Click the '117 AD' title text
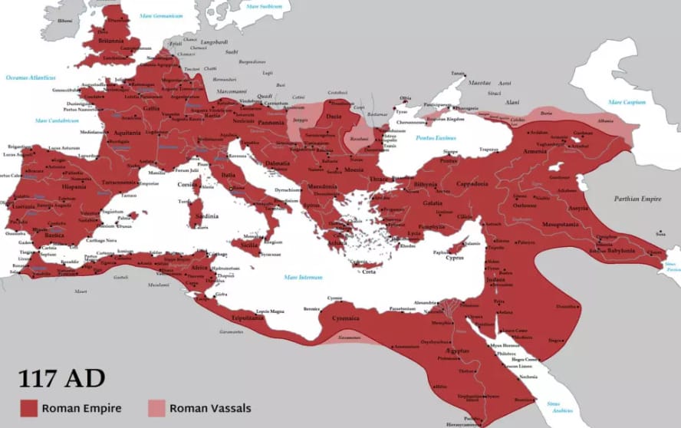click(x=62, y=378)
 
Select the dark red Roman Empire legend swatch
click(x=29, y=408)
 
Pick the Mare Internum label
click(x=302, y=277)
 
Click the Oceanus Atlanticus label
click(x=30, y=77)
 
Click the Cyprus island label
click(x=455, y=258)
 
